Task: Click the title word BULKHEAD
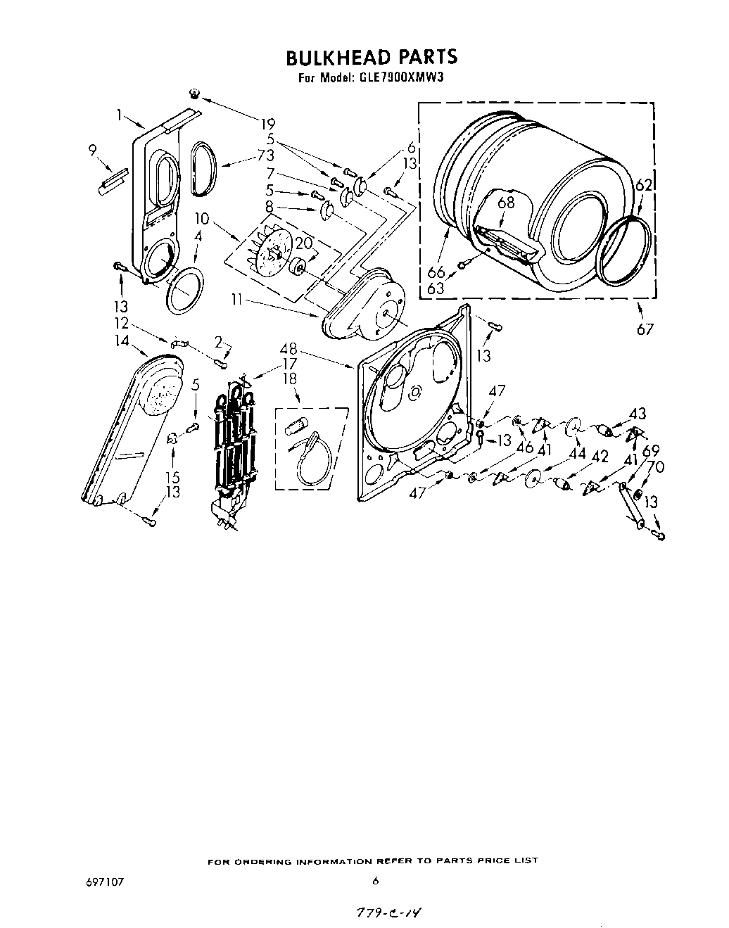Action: tap(331, 56)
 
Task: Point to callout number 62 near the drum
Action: tap(644, 186)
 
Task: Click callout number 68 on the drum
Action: tap(506, 203)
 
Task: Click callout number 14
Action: tap(123, 341)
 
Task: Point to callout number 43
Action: tap(638, 413)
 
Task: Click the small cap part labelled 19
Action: tap(195, 94)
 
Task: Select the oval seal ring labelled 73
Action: tap(202, 169)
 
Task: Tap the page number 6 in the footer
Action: tap(376, 880)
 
